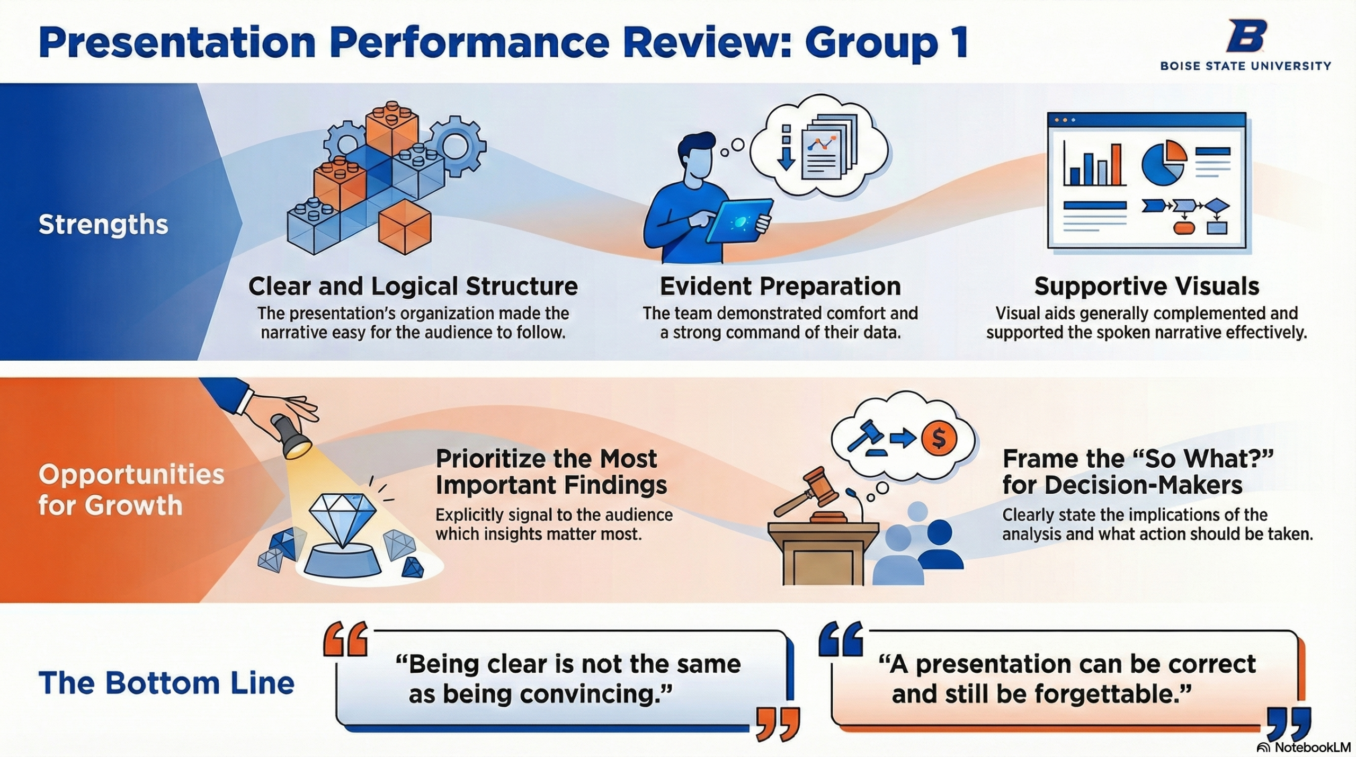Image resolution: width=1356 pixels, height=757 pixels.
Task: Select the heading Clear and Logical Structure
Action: pos(413,286)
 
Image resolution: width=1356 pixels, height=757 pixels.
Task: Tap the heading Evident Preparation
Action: pos(780,286)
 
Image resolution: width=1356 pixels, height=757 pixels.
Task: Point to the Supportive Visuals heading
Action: pos(1146,286)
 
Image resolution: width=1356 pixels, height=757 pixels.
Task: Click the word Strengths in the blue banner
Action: pos(103,225)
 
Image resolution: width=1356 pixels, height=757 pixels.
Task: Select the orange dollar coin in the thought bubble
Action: pos(939,438)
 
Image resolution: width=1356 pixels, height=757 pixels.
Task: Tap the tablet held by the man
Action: pos(739,224)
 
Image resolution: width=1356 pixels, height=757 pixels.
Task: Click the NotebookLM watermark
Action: pos(1304,747)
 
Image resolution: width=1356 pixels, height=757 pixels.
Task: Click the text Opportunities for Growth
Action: pos(131,489)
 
